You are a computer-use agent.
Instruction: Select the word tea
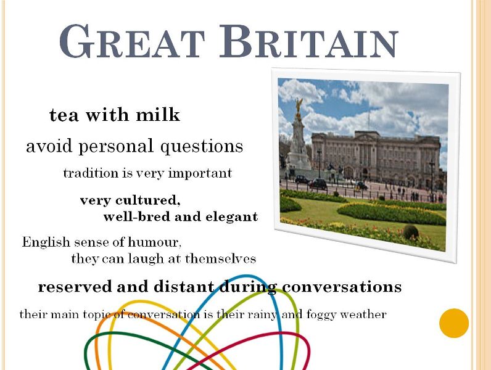coord(64,115)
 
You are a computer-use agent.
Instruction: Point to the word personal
coord(116,147)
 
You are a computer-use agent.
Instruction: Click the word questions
coord(202,147)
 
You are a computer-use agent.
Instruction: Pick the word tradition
coord(91,173)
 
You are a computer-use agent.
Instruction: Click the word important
coord(200,173)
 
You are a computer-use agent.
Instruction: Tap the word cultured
coord(148,200)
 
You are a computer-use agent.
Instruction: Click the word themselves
coord(220,258)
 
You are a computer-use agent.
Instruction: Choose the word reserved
coord(75,287)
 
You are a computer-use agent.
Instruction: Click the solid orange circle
coord(454,323)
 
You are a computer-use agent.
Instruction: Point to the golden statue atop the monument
coord(299,107)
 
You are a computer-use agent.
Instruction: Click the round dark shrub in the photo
coord(411,232)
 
